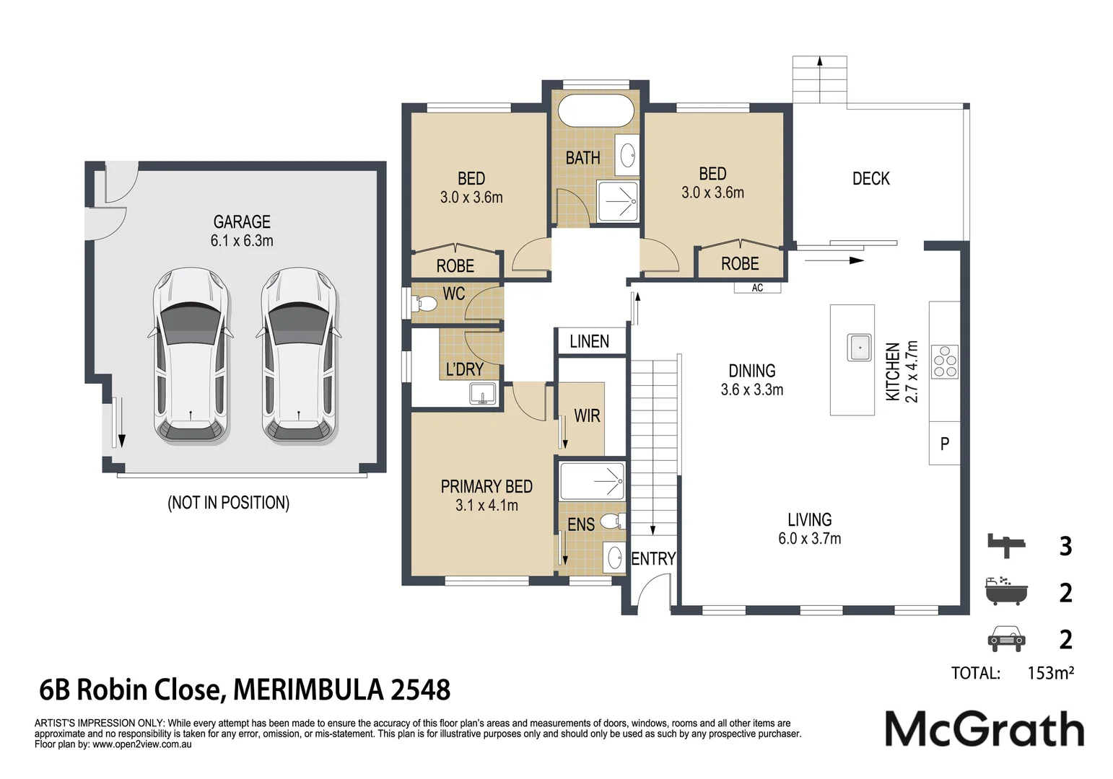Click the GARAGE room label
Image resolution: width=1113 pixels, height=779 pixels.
point(242,221)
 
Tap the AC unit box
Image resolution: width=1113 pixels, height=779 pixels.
point(757,288)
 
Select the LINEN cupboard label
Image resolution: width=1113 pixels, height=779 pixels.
point(589,342)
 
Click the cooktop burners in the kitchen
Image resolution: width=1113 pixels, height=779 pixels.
point(945,362)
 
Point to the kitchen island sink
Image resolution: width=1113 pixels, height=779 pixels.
point(859,347)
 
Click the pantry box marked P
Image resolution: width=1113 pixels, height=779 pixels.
point(945,443)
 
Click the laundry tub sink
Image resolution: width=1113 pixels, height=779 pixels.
point(482,395)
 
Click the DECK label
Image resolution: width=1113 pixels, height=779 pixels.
point(870,179)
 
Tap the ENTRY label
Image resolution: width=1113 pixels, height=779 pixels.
point(653,559)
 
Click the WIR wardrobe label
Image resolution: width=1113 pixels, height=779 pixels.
point(587,416)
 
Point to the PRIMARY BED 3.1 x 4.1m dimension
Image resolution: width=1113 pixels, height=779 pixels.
point(486,506)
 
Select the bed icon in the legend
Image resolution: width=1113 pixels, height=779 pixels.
point(1006,545)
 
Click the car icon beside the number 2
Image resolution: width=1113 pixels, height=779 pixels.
point(1006,638)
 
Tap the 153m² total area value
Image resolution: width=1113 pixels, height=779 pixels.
point(1050,673)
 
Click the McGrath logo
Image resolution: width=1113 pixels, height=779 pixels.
point(985,729)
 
